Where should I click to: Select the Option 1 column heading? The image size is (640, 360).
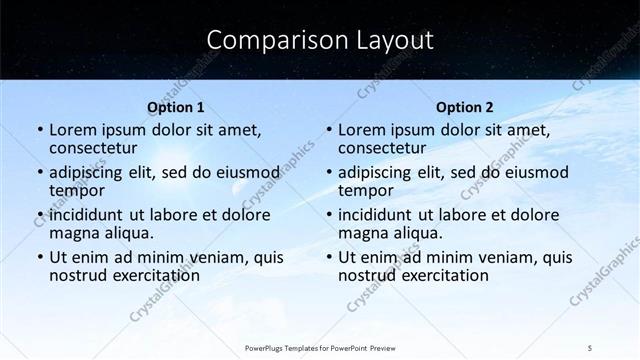tap(176, 106)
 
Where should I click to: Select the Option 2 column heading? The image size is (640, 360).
tap(465, 106)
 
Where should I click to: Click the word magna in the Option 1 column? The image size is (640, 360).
tap(74, 233)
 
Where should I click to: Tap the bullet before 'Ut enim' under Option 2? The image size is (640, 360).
tap(329, 257)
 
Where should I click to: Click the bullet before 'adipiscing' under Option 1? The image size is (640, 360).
tap(39, 171)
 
